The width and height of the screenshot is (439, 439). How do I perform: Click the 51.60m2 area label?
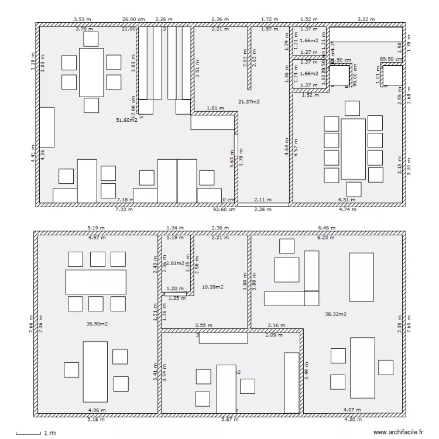coord(127,120)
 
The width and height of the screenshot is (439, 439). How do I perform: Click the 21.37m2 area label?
coord(249,101)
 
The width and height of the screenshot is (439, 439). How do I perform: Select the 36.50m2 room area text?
coord(97,323)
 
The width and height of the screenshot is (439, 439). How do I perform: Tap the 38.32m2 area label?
coord(335,314)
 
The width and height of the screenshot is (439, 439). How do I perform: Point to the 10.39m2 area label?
coord(213,287)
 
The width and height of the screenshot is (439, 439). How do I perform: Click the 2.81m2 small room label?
coord(174,263)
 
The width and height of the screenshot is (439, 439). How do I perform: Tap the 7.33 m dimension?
coord(124,209)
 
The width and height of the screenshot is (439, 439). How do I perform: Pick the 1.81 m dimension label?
coord(215,108)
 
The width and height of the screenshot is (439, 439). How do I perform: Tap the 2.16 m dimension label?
coord(276,325)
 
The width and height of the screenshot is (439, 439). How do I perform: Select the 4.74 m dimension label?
coord(348,209)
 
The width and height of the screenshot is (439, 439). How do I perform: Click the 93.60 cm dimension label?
coord(224,209)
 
